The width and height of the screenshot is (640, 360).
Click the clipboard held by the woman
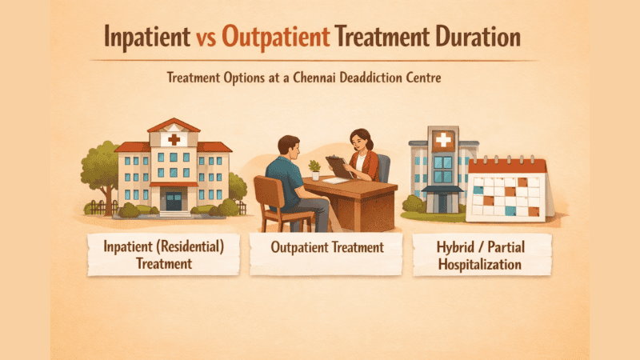click(339, 166)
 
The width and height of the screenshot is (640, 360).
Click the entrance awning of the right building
click(442, 190)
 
